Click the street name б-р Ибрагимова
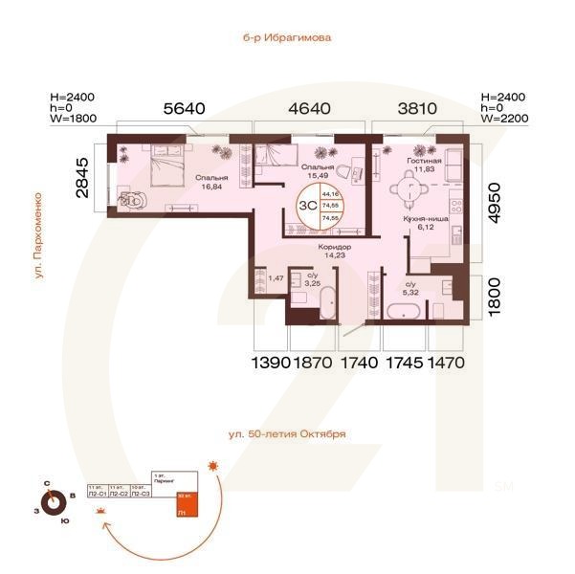tap(287, 39)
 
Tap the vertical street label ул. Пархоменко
tap(39, 235)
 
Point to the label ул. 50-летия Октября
tap(287, 433)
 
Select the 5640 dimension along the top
tap(184, 109)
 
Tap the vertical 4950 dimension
tap(495, 202)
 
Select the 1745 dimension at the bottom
tap(405, 364)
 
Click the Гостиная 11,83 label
tap(423, 167)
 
